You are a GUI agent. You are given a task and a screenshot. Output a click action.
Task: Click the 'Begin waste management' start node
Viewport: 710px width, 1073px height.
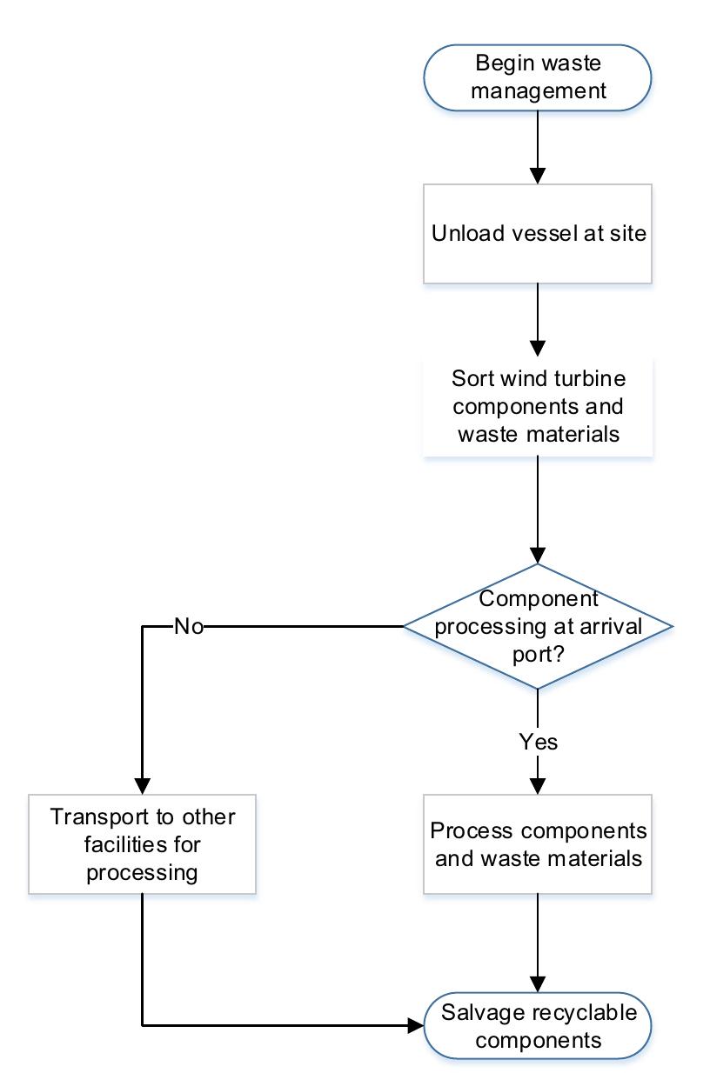537,77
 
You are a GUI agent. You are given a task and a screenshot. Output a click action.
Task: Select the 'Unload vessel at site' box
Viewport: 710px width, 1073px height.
537,234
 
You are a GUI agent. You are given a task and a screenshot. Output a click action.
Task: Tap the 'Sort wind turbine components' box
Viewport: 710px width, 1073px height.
537,406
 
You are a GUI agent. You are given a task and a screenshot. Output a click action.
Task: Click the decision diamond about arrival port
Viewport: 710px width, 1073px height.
537,625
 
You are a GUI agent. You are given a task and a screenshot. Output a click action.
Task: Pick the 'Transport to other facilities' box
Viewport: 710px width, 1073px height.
142,843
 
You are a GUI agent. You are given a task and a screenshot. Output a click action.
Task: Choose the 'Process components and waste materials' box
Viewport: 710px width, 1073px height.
537,843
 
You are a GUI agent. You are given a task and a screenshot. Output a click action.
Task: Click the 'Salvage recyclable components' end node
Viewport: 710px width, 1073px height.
537,1026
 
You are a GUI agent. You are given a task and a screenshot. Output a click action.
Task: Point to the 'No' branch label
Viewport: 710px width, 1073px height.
189,626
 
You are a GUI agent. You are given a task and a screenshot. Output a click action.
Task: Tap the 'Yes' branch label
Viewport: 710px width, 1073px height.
538,742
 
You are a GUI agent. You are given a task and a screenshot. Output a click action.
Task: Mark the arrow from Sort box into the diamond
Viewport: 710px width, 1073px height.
537,509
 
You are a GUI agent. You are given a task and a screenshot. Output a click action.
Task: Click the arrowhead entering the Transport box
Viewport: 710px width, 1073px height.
142,783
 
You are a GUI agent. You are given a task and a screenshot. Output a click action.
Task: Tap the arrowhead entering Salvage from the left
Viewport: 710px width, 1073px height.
415,1026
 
